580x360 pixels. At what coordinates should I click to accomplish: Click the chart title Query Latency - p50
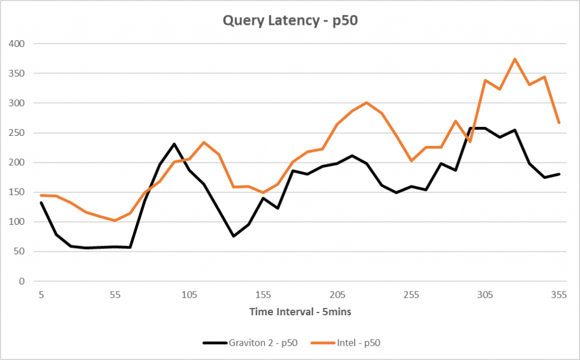click(290, 21)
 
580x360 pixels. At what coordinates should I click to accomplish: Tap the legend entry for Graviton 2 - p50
click(248, 342)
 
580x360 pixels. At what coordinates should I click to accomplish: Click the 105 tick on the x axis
click(189, 295)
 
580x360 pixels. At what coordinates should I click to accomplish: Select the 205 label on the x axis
click(337, 295)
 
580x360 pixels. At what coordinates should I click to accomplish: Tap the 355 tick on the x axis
click(559, 295)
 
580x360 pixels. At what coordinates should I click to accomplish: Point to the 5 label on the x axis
click(41, 295)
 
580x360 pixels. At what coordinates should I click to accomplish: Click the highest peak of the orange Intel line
click(515, 59)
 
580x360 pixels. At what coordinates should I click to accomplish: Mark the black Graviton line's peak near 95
click(174, 144)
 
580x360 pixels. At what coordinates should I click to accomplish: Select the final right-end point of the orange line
click(559, 123)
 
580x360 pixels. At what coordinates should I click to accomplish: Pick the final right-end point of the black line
click(559, 174)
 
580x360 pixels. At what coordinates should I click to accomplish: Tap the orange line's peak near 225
click(367, 102)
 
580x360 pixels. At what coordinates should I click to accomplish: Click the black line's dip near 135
click(233, 236)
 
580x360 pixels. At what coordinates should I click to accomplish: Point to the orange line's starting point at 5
click(41, 195)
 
